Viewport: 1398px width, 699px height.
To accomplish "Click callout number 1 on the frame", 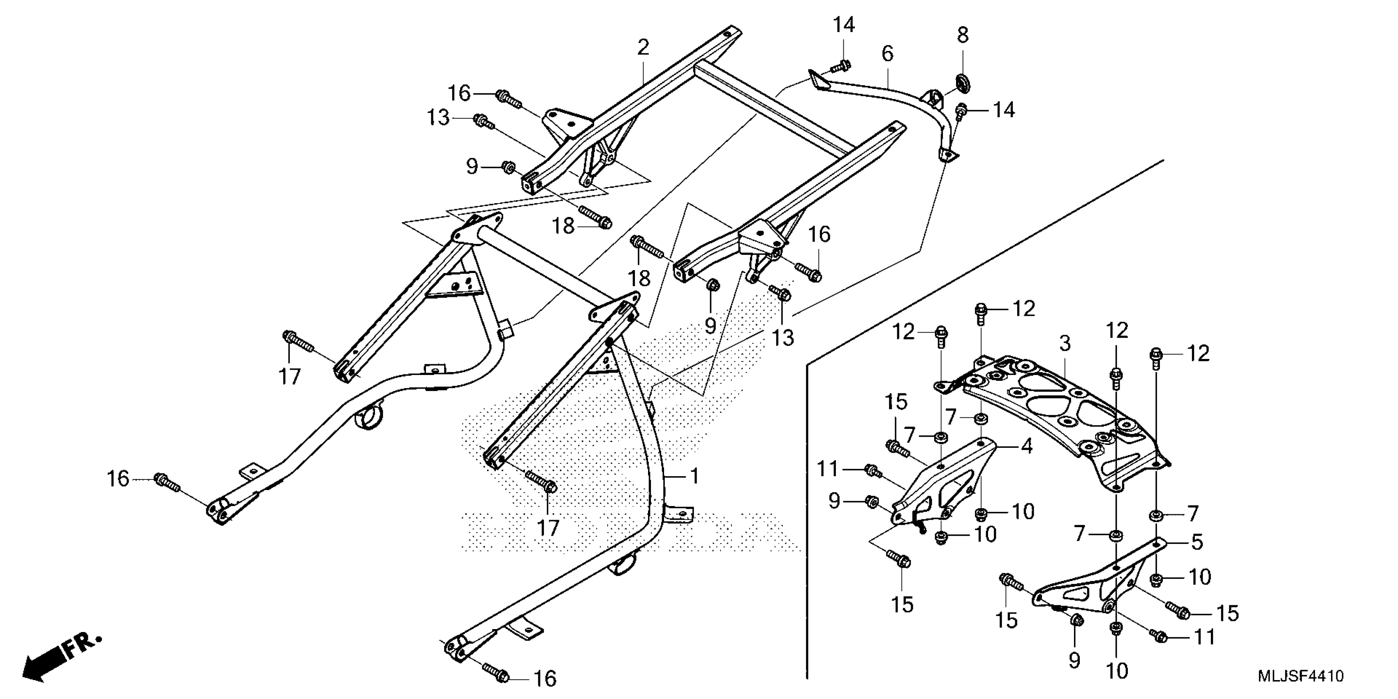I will point(694,476).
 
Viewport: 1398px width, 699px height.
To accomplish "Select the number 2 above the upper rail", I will point(643,48).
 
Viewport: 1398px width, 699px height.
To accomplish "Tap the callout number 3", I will point(1065,343).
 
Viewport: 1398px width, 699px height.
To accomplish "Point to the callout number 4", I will point(1026,446).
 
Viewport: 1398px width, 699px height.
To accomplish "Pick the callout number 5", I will point(1197,542).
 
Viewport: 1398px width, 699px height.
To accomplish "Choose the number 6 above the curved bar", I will point(887,54).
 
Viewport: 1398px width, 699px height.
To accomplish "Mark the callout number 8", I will point(962,35).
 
